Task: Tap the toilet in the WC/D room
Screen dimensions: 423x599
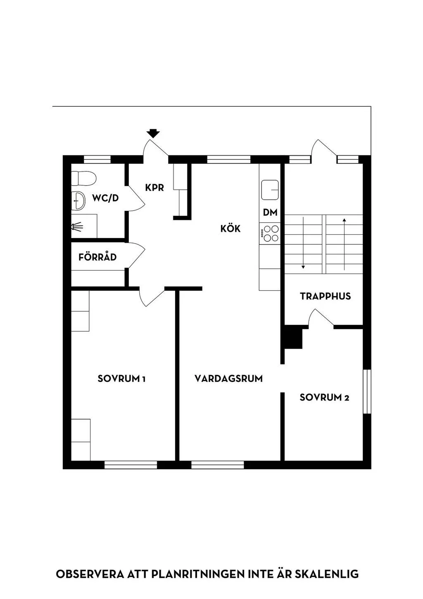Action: point(83,178)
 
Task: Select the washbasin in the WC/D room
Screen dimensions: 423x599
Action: point(78,200)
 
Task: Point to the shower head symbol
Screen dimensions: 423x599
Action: point(77,227)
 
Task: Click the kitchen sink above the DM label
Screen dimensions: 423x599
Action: point(270,190)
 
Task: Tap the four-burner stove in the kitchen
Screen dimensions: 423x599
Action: point(270,233)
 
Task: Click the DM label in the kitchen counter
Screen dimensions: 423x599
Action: point(270,212)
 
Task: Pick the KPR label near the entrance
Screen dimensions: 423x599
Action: point(154,188)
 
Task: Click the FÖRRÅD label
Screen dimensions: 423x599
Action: point(97,257)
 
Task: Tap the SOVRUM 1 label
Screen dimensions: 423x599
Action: point(121,379)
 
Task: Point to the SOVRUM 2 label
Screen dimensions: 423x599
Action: point(324,397)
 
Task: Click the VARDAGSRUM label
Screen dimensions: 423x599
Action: point(229,379)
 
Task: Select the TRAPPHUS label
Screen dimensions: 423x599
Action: point(325,296)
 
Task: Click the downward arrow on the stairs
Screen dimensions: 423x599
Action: point(303,243)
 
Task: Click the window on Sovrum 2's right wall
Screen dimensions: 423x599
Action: point(367,391)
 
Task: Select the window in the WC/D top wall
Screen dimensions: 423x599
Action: point(97,160)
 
